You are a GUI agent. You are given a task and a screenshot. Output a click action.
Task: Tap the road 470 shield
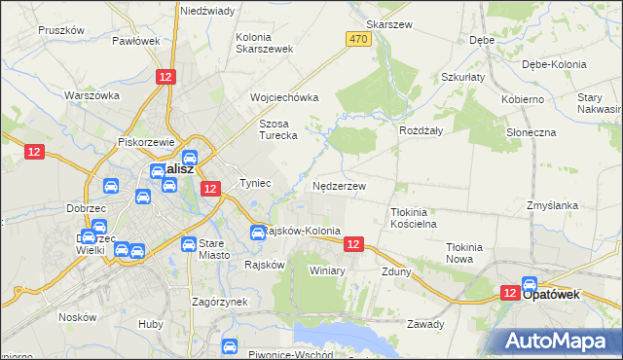[358, 38]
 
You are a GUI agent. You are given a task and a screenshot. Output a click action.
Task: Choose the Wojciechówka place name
[284, 97]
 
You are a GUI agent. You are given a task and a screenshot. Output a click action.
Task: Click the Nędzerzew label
[339, 185]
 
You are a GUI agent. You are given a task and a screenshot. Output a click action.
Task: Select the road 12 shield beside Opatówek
[510, 292]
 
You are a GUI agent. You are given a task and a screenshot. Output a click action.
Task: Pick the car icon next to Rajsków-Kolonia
[257, 232]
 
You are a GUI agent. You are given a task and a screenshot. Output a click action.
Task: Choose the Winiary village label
[327, 270]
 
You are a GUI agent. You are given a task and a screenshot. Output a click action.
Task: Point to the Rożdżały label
[421, 129]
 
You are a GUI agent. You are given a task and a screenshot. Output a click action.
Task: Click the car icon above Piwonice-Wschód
[230, 345]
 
